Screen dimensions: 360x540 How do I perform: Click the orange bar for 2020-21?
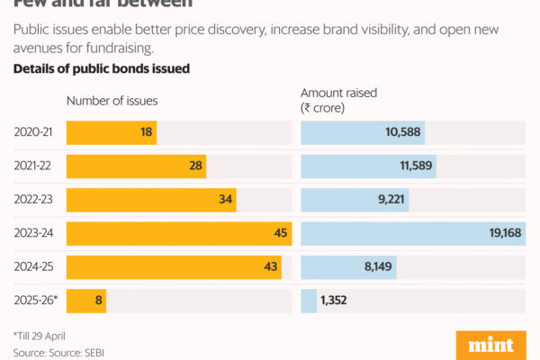tap(111, 133)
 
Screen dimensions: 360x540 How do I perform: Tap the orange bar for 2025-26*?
tap(86, 301)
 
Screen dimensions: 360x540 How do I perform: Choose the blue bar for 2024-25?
tap(348, 267)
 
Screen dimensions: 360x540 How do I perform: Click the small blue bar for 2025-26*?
tap(309, 301)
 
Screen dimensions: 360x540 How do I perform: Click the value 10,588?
tap(403, 133)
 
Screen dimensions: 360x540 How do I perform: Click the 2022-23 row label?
tap(33, 200)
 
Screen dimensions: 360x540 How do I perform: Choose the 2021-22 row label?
tap(33, 166)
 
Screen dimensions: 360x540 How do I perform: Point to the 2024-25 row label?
tap(33, 267)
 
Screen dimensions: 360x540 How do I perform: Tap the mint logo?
tap(491, 346)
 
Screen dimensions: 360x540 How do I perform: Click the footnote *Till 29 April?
tap(45, 334)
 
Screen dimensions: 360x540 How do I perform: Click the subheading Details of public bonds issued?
tap(101, 69)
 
